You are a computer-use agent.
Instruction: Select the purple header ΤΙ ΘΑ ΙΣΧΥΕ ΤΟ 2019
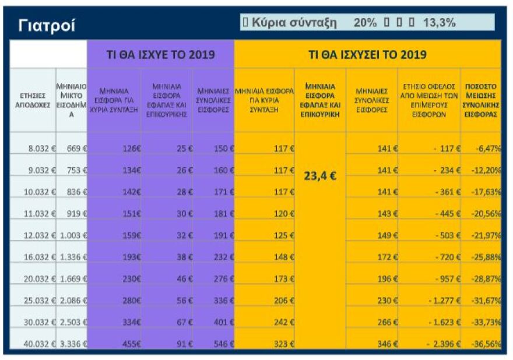(x=160, y=55)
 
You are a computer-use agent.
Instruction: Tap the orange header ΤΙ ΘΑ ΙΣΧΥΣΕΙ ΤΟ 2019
(x=367, y=55)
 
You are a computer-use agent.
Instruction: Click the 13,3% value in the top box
(x=439, y=23)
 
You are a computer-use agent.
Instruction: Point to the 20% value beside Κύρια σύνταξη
(x=365, y=23)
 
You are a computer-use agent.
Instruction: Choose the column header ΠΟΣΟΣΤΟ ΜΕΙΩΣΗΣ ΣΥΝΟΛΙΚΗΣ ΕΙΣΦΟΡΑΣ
(x=480, y=100)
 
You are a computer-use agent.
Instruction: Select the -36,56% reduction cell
(x=486, y=344)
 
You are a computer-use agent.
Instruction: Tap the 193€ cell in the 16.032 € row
(x=131, y=256)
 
